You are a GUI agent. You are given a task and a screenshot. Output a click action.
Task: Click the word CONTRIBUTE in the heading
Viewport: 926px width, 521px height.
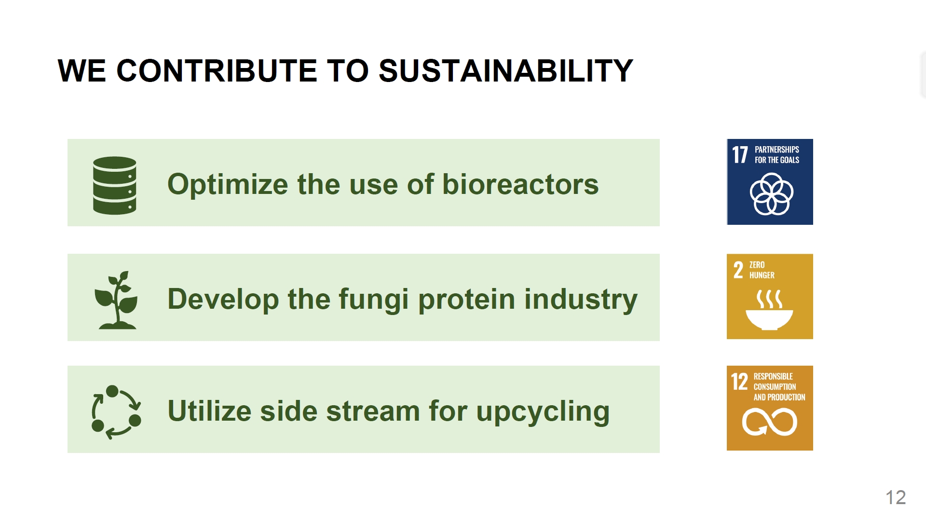[x=217, y=71]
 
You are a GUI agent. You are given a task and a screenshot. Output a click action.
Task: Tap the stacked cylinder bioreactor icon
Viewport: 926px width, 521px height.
[x=114, y=185]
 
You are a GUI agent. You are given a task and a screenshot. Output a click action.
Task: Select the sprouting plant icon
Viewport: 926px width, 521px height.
[x=117, y=300]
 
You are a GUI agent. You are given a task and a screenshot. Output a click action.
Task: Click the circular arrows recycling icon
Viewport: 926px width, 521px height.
[x=116, y=412]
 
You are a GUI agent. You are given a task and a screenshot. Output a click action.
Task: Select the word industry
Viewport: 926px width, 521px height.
[x=581, y=300]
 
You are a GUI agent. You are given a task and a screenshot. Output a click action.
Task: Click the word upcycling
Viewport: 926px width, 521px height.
[x=543, y=411]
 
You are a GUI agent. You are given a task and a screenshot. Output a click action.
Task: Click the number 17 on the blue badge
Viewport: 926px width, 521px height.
[x=740, y=155]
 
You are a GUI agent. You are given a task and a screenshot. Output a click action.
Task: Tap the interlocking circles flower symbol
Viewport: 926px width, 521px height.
[x=771, y=194]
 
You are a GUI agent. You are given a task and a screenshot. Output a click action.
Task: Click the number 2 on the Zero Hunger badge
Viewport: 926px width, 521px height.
[x=738, y=270]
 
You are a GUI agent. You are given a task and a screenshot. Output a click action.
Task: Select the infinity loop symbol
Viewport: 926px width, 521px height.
[x=769, y=422]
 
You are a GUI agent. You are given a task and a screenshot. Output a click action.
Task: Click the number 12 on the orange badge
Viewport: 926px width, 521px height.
[x=739, y=382]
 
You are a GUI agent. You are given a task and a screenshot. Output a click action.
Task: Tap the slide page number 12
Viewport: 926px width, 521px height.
[x=896, y=497]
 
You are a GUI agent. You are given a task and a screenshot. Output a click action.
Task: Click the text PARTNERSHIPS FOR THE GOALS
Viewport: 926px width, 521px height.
[x=776, y=155]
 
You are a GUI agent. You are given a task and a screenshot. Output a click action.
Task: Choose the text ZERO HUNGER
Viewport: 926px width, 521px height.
[x=762, y=270]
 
